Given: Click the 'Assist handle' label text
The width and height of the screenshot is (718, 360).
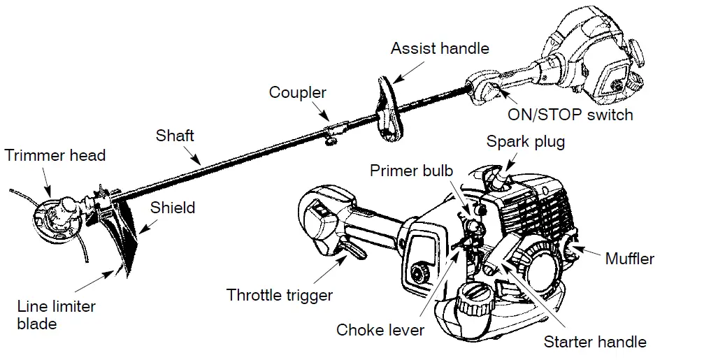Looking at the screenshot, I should (x=440, y=49).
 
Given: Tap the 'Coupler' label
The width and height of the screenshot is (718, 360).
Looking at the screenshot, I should (x=298, y=92).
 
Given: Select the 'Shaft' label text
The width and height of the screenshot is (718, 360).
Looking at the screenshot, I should (x=175, y=135).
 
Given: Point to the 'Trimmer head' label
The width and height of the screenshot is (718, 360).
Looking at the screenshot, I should (x=55, y=155).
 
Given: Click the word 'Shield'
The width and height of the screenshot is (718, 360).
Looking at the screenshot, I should (x=173, y=208).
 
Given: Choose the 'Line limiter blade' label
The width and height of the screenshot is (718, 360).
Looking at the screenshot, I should (x=57, y=315).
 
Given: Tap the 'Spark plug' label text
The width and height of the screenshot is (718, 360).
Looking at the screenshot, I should (x=526, y=142).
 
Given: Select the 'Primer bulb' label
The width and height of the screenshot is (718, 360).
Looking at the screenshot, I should (x=412, y=171).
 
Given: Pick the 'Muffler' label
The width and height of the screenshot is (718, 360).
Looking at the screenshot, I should (x=630, y=259).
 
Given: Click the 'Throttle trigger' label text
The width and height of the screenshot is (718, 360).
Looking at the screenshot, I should (x=280, y=295).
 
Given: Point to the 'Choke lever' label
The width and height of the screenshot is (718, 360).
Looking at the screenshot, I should (x=380, y=330).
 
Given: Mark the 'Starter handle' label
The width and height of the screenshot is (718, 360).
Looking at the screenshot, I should (x=595, y=342).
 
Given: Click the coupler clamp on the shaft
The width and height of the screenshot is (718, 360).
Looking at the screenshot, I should (x=334, y=130).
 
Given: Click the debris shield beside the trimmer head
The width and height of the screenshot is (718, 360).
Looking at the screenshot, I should (x=129, y=231).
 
